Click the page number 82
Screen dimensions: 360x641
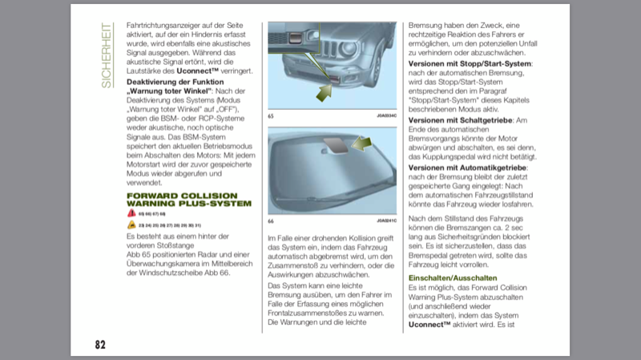coord(100,344)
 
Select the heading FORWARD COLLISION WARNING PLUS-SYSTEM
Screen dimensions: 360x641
coord(188,199)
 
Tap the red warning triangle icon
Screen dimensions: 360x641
coord(131,214)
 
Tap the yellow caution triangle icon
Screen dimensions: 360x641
coord(131,225)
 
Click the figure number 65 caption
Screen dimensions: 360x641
coord(271,117)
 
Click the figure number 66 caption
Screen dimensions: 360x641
coord(271,221)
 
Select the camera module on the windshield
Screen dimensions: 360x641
coord(335,145)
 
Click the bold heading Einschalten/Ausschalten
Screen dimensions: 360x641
coord(453,277)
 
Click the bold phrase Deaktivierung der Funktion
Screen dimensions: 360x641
coord(175,83)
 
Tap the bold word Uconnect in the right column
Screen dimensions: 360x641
coord(431,326)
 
